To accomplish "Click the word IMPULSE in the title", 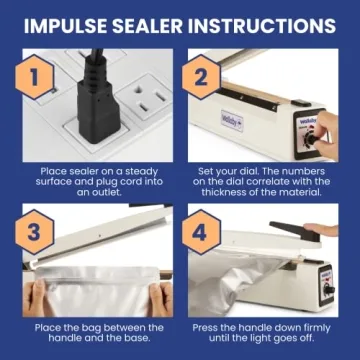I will (x=69, y=22).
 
